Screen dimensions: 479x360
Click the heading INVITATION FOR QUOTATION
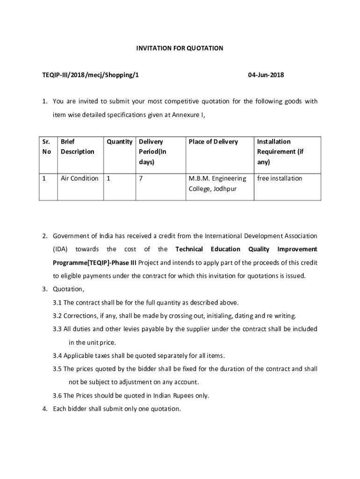tap(180, 48)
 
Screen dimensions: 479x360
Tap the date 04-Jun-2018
tap(266, 75)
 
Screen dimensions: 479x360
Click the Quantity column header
tap(119, 142)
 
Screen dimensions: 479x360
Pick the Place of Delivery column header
tap(213, 142)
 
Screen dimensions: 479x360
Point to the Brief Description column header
tap(77, 146)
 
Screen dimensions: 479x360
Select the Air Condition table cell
tap(79, 178)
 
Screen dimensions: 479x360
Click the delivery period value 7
tap(140, 178)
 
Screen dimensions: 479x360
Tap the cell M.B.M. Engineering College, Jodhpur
tap(217, 183)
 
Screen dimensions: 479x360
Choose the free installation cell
tap(280, 178)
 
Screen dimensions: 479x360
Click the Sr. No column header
tap(45, 146)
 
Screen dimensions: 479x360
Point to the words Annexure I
tap(189, 115)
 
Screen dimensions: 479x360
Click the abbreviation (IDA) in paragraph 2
tap(61, 249)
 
